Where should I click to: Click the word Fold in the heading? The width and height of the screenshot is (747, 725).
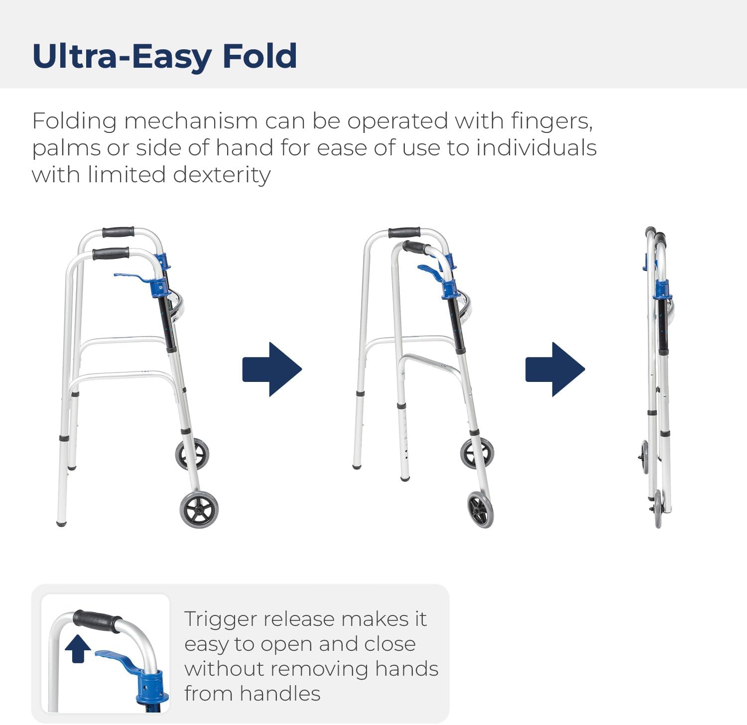pyautogui.click(x=259, y=56)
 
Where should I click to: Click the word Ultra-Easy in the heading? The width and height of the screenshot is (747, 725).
pyautogui.click(x=123, y=56)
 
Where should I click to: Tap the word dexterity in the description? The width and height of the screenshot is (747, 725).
pyautogui.click(x=222, y=175)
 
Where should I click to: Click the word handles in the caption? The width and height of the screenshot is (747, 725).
pyautogui.click(x=287, y=693)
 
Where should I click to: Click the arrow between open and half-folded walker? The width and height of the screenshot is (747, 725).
pyautogui.click(x=272, y=369)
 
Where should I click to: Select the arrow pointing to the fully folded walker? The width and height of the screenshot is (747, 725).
pyautogui.click(x=555, y=369)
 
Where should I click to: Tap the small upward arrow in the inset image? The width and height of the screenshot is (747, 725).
pyautogui.click(x=78, y=649)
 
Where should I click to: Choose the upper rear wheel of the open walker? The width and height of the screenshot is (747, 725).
pyautogui.click(x=192, y=454)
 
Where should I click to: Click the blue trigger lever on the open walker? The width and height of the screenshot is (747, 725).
pyautogui.click(x=130, y=276)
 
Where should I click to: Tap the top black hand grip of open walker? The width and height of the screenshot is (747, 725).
pyautogui.click(x=118, y=232)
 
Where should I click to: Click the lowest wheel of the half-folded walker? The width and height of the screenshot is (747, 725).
pyautogui.click(x=481, y=509)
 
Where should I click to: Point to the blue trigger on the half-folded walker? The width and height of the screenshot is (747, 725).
pyautogui.click(x=429, y=271)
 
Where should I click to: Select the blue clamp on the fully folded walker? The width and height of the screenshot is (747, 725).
pyautogui.click(x=662, y=289)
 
